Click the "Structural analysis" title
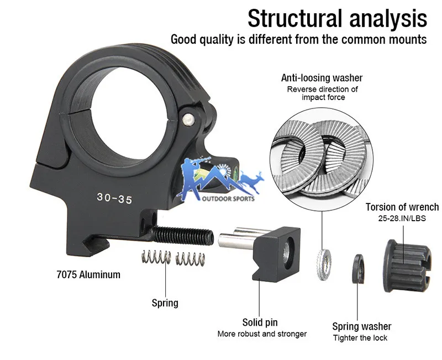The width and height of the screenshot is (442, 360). [x=337, y=19]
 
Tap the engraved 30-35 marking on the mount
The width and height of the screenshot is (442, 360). [x=114, y=199]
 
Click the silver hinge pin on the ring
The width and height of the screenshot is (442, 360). [x=188, y=119]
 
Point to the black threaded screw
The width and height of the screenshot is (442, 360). [x=183, y=236]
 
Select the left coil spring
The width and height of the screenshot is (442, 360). [x=156, y=257]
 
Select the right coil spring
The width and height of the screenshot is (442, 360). [x=190, y=259]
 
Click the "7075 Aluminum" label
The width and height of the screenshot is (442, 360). [x=88, y=274]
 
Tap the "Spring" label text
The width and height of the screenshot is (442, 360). [x=165, y=303]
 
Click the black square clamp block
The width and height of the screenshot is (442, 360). [x=276, y=254]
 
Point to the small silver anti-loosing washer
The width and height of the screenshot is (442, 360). [x=324, y=264]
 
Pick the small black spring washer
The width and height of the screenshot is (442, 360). [x=358, y=269]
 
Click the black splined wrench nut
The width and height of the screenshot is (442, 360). [x=407, y=266]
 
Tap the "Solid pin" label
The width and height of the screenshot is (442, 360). [x=260, y=322]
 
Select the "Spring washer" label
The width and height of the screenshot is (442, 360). [x=362, y=326]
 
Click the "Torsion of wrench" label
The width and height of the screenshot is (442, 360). [x=402, y=207]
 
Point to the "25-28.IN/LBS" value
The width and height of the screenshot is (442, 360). [x=402, y=218]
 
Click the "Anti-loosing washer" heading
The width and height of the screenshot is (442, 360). [x=322, y=77]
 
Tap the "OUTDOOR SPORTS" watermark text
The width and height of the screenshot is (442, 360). [x=228, y=199]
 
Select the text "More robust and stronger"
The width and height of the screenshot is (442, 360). [x=262, y=334]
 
